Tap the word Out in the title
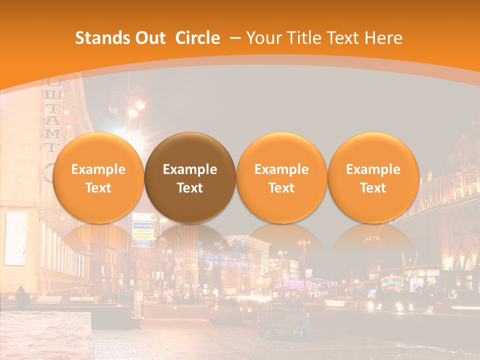point(149,38)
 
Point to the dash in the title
point(234,38)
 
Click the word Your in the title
point(262,38)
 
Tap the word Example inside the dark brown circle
point(190,169)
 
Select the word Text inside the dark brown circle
point(190,188)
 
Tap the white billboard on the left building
point(15,238)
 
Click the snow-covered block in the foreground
point(45,335)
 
